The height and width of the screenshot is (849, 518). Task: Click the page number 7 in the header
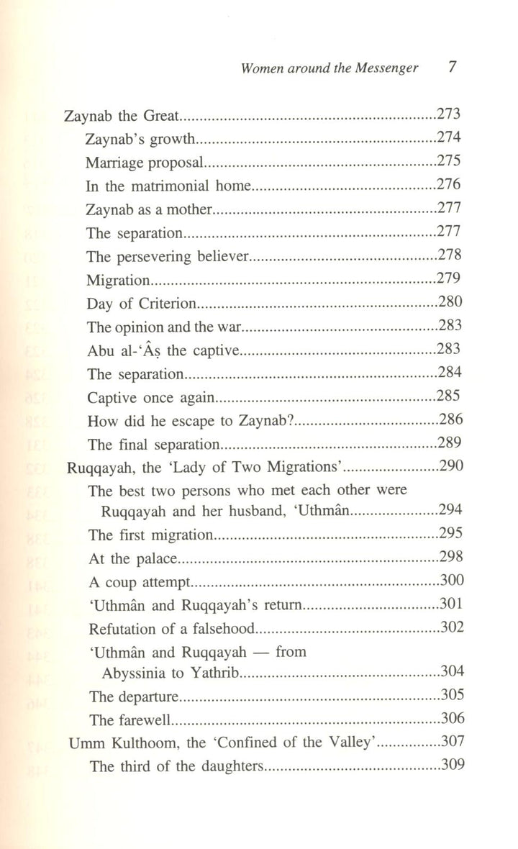[453, 69]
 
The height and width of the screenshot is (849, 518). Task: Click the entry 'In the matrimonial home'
[167, 186]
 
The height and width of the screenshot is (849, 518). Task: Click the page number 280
[449, 302]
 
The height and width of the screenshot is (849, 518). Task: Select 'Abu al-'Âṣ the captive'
[161, 350]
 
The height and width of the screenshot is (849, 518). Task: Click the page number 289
[449, 444]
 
